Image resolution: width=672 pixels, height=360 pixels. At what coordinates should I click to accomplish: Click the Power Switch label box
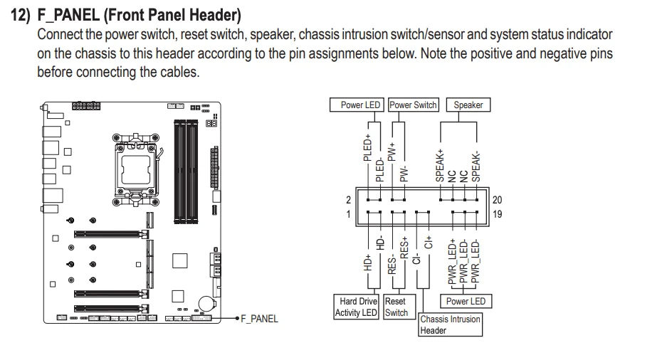[413, 105]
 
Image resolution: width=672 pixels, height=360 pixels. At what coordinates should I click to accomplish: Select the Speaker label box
[468, 105]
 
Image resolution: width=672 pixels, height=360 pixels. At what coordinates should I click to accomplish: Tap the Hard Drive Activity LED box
[356, 307]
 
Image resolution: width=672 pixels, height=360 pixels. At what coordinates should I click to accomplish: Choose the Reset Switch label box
[396, 307]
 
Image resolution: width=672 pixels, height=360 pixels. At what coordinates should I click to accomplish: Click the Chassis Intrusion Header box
[450, 324]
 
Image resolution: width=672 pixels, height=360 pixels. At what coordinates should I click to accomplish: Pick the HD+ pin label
[368, 263]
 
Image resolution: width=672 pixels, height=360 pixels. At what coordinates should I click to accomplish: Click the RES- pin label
[392, 265]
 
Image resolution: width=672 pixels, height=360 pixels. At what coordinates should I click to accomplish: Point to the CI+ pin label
[429, 241]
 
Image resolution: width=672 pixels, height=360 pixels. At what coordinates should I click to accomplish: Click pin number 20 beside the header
[497, 200]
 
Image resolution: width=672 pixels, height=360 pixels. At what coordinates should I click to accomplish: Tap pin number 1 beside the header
[349, 213]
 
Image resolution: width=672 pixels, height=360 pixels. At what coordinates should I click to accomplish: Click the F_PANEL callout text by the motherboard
[259, 319]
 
